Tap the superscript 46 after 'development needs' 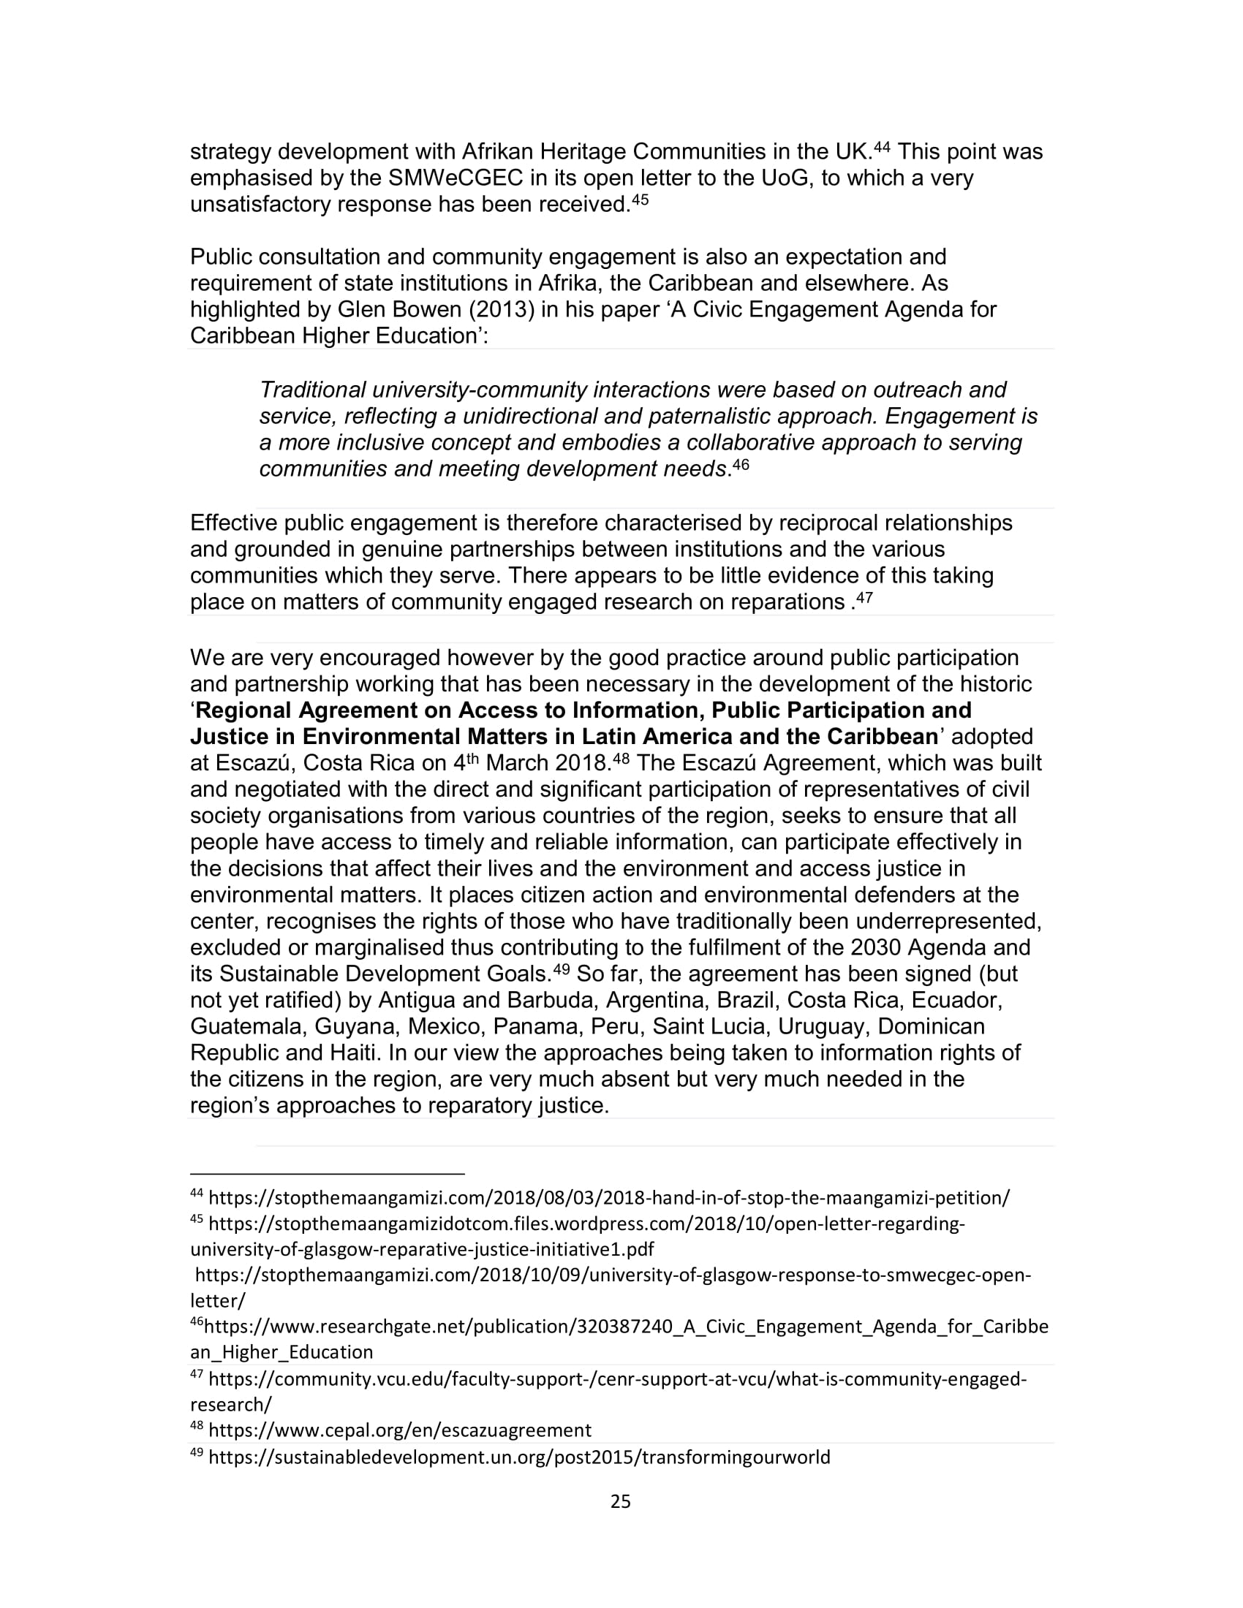click(741, 465)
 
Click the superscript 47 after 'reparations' click(864, 598)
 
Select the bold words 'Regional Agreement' click(324, 711)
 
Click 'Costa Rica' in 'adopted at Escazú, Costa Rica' click(358, 764)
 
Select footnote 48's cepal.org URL click(400, 1430)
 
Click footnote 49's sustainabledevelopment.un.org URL click(519, 1457)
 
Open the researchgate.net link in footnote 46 click(626, 1327)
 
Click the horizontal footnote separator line click(327, 1174)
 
